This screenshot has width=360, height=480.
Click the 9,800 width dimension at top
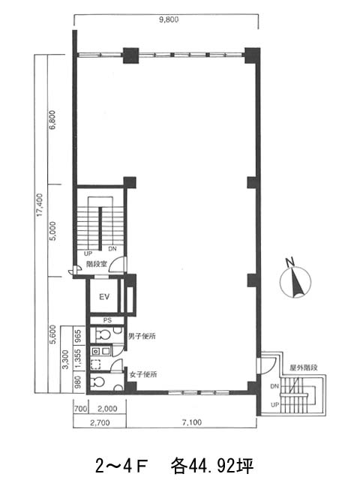click(x=169, y=20)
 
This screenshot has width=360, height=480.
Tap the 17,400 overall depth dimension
click(x=40, y=205)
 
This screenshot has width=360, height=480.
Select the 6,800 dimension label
click(x=52, y=120)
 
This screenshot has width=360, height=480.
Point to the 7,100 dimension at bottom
click(x=192, y=422)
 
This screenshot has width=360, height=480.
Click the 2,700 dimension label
click(x=100, y=423)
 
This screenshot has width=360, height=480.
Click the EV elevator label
click(x=104, y=297)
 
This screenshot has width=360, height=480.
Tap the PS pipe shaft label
click(x=107, y=320)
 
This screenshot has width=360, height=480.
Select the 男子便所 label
click(x=142, y=336)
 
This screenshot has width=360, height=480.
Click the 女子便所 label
click(x=143, y=374)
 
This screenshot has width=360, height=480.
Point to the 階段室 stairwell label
click(x=97, y=264)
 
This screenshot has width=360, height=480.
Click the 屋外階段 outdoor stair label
click(x=304, y=367)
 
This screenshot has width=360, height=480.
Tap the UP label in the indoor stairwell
click(x=88, y=253)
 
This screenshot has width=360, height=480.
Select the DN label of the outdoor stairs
click(x=274, y=387)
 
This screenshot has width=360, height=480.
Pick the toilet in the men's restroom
click(x=103, y=335)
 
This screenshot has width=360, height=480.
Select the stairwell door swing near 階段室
click(x=118, y=264)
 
